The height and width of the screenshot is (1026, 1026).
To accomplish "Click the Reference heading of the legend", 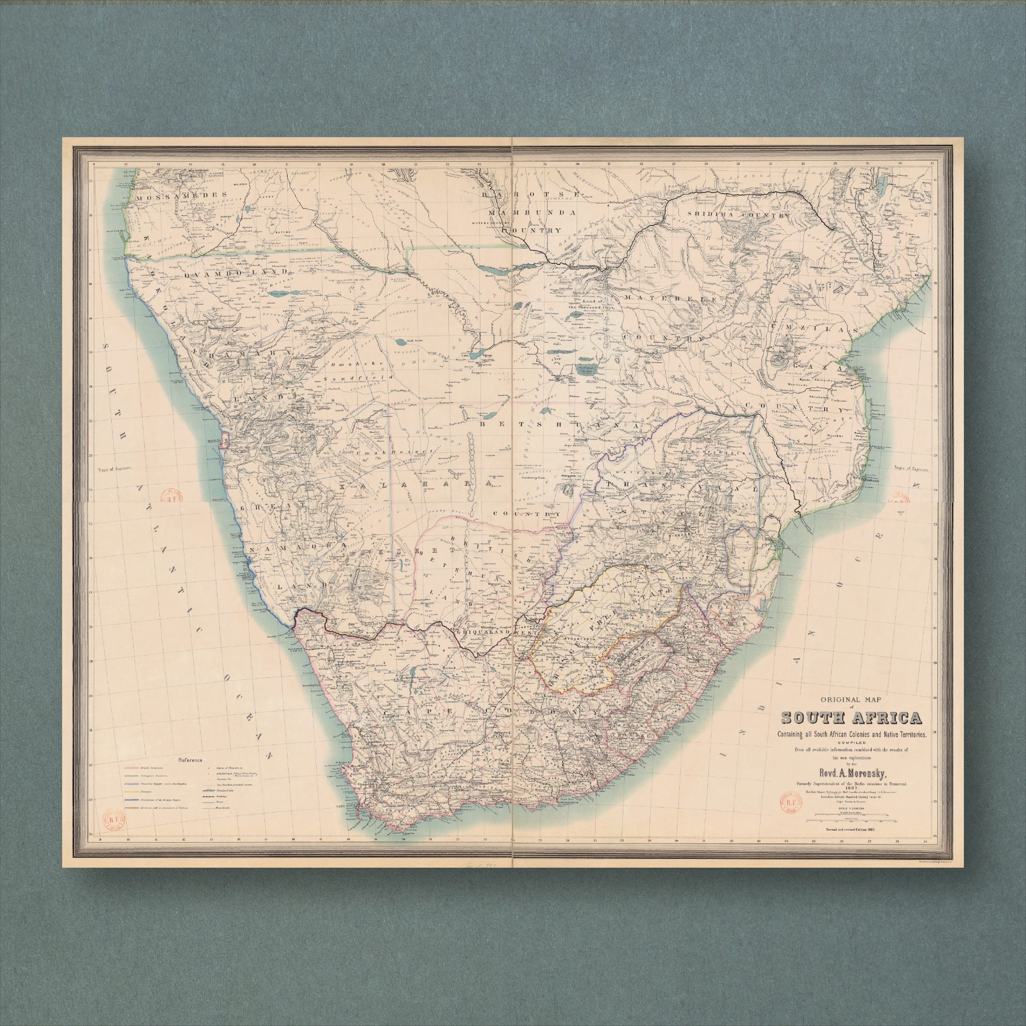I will pos(191,760).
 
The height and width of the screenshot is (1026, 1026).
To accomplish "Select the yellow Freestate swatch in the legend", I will pos(132,792).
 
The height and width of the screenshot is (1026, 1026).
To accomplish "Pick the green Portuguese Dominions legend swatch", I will pos(132,776).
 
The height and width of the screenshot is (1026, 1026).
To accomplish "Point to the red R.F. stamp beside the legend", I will pos(114,820).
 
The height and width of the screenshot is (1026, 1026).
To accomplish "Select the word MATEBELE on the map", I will pos(672,299).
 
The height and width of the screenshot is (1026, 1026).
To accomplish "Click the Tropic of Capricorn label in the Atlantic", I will pos(114,469).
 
